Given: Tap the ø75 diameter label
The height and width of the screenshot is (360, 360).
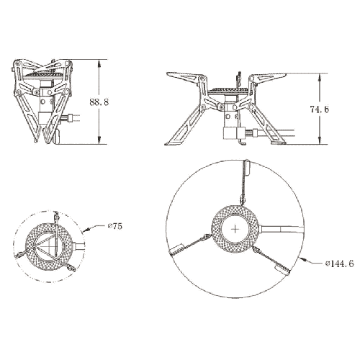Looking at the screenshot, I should click(114, 227).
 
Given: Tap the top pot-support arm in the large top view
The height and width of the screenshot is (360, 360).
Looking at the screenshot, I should click(245, 180).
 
